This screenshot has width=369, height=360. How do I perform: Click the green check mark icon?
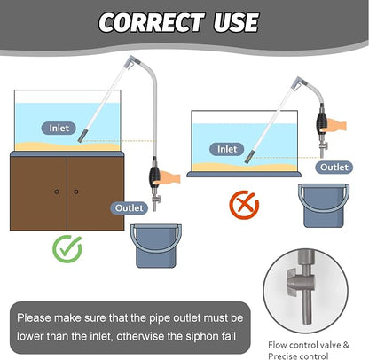click(x=67, y=249)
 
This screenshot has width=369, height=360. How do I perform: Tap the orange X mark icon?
click(x=244, y=205)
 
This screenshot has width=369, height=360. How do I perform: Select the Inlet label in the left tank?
click(x=59, y=129)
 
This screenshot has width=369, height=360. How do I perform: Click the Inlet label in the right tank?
click(x=227, y=149)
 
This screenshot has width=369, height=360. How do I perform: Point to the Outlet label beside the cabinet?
click(x=129, y=208)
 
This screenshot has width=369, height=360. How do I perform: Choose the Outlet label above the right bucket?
click(x=334, y=168)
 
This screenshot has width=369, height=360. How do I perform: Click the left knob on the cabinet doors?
click(x=57, y=192)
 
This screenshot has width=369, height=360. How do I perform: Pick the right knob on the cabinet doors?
click(x=76, y=192)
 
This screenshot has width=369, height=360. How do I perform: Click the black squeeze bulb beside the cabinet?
click(x=154, y=177)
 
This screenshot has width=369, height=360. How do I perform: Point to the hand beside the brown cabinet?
click(x=170, y=177)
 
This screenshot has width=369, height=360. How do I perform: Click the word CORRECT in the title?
click(x=152, y=22)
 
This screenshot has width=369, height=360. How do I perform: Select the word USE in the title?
click(x=236, y=22)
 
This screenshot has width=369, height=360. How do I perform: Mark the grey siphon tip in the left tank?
click(x=82, y=136)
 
